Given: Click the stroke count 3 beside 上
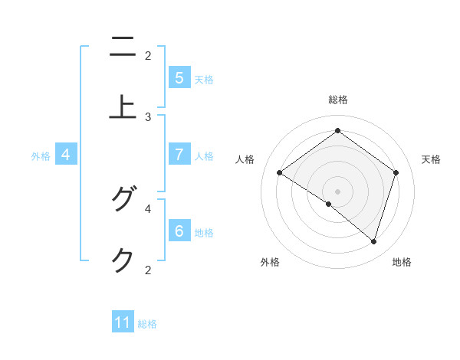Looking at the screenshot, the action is (148, 117).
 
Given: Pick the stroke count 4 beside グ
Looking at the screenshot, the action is (148, 208).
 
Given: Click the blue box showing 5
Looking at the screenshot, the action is (179, 78).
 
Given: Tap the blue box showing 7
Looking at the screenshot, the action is (179, 155).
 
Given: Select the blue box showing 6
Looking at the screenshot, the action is (179, 231).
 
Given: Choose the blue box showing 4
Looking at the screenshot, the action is (66, 155).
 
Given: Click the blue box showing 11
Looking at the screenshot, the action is (123, 322).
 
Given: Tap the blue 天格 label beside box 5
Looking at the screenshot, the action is (204, 79).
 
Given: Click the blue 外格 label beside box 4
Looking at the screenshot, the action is (41, 155).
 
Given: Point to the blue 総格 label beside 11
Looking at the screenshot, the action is (147, 324).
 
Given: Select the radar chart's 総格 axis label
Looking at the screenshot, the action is (338, 100).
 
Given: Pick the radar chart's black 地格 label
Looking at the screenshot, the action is (402, 262).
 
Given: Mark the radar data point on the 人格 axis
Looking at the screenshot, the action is (279, 173).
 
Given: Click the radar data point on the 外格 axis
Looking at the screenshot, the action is (329, 205).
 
